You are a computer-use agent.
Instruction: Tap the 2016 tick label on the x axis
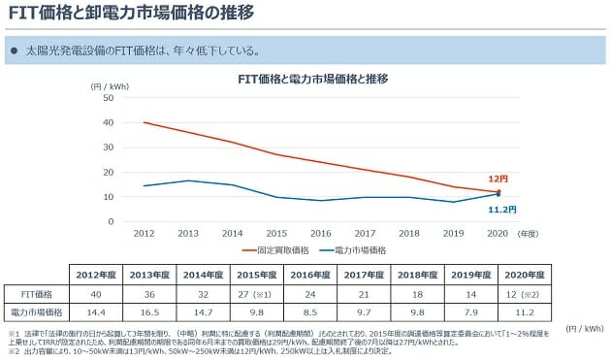click(x=322, y=234)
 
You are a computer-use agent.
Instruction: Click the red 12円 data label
click(x=498, y=180)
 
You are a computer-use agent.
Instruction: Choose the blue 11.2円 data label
click(x=501, y=209)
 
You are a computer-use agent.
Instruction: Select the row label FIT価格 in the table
click(x=39, y=292)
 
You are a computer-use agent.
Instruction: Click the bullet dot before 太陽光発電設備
click(x=15, y=49)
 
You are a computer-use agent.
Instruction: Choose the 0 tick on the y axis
click(x=112, y=221)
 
